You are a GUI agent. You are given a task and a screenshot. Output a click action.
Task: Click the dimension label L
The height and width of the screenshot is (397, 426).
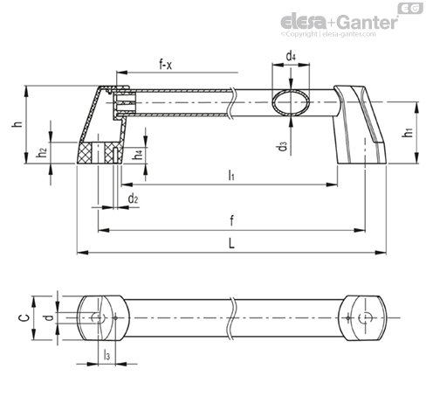[231, 243]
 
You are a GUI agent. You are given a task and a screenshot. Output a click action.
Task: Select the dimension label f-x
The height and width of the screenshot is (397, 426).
[166, 64]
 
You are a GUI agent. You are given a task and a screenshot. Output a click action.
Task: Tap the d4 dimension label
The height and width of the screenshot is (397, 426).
[291, 55]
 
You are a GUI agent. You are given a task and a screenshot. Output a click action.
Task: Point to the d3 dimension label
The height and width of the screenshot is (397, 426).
[282, 146]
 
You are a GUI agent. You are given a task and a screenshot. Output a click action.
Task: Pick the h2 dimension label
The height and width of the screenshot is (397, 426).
[42, 152]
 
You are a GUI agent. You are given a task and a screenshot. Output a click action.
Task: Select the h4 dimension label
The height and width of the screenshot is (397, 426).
[138, 155]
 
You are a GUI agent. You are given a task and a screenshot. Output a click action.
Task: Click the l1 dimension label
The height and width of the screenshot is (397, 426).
[231, 175]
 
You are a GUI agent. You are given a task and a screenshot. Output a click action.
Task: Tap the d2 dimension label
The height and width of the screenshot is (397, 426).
[133, 198]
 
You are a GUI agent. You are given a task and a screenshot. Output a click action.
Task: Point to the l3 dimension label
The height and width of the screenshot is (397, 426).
[106, 355]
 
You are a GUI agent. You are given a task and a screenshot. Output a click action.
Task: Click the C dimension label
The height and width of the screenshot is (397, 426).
[24, 317]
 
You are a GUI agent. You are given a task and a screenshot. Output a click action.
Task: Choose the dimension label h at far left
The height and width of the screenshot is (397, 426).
[17, 123]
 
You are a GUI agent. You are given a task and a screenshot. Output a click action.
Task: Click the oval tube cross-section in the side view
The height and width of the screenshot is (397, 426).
[291, 102]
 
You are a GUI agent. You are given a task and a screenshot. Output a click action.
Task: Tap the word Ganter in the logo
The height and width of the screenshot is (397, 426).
[368, 22]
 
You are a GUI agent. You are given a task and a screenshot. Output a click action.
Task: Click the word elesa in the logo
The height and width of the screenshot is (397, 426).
[304, 22]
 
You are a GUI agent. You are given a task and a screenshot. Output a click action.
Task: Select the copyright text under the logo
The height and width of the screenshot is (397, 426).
[328, 34]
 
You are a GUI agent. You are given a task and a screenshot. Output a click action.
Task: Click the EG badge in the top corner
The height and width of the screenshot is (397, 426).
[410, 8]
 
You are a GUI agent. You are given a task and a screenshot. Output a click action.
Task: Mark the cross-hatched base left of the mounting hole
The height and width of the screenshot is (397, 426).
[85, 153]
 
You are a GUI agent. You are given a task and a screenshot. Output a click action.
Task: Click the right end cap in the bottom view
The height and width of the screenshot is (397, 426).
[363, 318]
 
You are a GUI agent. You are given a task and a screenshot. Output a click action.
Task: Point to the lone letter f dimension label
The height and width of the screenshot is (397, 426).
[231, 220]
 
